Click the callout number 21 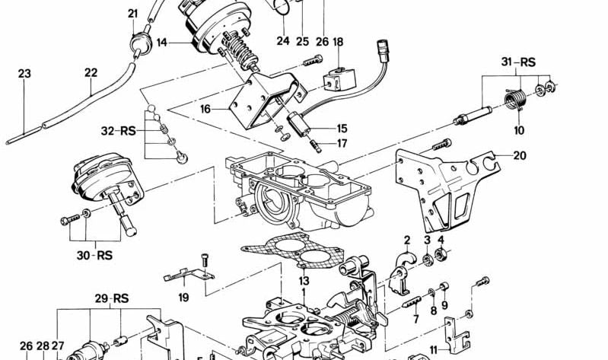tap(133, 13)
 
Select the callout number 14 tap(162, 43)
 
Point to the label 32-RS tap(117, 130)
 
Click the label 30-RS tap(94, 255)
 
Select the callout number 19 tap(183, 298)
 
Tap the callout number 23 tap(24, 74)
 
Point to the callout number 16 tap(205, 110)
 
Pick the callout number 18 tap(337, 43)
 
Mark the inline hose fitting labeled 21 tap(137, 44)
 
